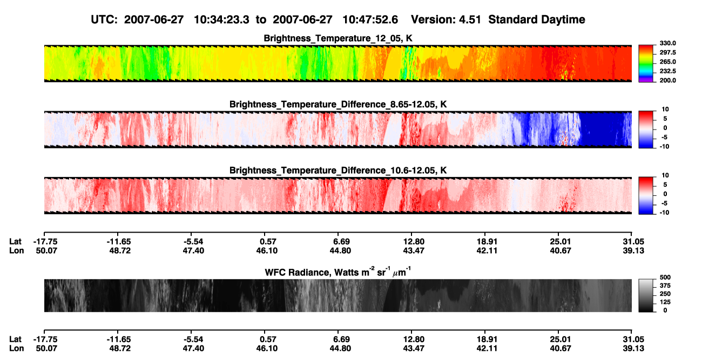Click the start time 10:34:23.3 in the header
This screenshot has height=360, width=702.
[x=221, y=20]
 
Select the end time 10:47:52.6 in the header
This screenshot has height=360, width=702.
[x=370, y=20]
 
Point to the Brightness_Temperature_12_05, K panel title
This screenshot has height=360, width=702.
[x=338, y=38]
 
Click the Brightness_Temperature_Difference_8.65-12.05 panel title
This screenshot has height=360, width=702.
[x=338, y=104]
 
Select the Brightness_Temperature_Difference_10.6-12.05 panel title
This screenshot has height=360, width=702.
[x=338, y=171]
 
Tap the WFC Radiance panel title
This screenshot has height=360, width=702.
[x=338, y=271]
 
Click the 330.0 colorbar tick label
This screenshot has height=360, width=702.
[x=667, y=43]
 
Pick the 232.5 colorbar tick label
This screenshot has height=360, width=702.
[x=667, y=71]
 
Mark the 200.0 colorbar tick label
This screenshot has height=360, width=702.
[x=667, y=80]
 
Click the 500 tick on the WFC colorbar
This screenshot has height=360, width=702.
[x=665, y=277]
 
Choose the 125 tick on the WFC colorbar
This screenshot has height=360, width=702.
[x=665, y=302]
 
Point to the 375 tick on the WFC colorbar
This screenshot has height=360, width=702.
[x=665, y=286]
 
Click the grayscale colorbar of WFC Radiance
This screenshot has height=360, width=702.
[x=646, y=295]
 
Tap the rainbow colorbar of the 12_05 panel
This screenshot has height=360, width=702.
[x=646, y=64]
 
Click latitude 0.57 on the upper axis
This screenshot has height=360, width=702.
[x=268, y=242]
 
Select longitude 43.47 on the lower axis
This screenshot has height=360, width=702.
[x=413, y=349]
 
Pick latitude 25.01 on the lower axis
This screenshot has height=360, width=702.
[x=561, y=339]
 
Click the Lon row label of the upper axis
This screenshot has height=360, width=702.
[x=16, y=251]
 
